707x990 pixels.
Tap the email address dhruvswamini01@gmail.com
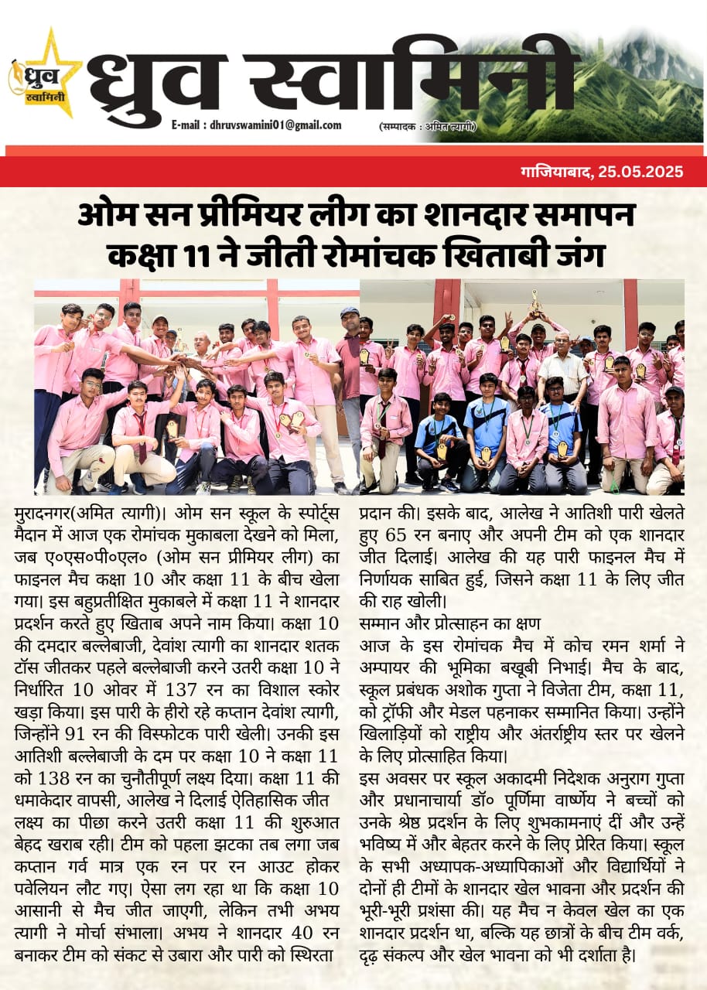(256, 125)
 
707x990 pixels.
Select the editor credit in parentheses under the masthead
(427, 126)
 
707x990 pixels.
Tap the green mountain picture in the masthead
(611, 85)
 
